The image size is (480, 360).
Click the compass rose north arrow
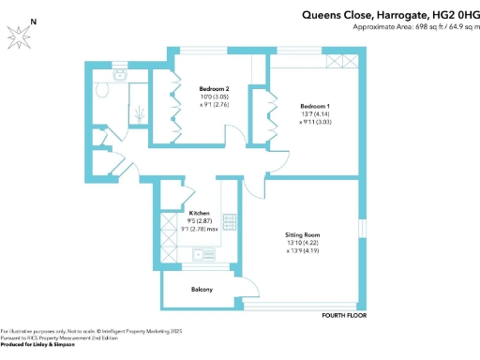(x=21, y=36)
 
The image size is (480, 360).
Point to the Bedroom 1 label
(x=315, y=105)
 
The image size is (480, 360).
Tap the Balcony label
(x=202, y=290)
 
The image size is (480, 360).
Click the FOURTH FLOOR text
(x=343, y=315)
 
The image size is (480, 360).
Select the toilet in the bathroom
(x=101, y=90)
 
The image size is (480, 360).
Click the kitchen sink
(x=202, y=254)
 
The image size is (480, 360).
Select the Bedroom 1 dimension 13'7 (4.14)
(x=315, y=113)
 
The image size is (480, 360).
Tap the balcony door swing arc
(x=242, y=288)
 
